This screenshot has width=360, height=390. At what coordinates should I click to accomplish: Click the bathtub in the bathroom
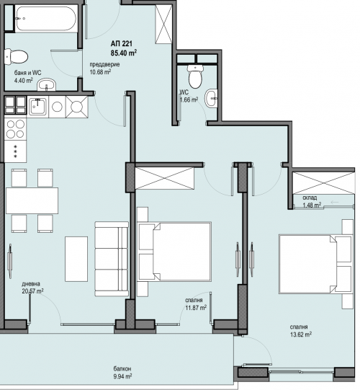click(46, 19)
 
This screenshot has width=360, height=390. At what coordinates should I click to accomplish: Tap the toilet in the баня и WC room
click(16, 57)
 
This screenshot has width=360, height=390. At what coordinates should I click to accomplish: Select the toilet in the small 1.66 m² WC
click(195, 76)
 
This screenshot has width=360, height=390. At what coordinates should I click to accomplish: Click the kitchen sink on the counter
click(37, 107)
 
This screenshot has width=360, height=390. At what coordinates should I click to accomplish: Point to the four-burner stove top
click(15, 129)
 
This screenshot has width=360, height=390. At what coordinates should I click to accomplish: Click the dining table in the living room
click(32, 200)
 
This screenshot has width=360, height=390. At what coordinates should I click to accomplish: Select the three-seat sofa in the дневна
click(112, 259)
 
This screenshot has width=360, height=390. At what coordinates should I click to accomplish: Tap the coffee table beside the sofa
click(76, 259)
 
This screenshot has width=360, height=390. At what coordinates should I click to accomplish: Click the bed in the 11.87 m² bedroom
click(174, 252)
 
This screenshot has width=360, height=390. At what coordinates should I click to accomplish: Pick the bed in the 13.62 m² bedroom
click(316, 264)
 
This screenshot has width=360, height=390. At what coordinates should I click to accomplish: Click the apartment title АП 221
click(122, 44)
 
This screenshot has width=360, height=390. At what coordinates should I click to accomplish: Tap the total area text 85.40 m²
click(124, 53)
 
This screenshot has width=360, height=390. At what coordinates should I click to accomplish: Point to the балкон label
click(122, 368)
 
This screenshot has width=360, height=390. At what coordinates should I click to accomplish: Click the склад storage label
click(310, 198)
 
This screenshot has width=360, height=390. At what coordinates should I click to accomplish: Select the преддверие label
click(104, 64)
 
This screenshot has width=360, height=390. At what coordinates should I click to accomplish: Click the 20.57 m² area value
click(33, 291)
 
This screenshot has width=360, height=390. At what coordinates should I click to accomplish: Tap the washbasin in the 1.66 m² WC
click(211, 98)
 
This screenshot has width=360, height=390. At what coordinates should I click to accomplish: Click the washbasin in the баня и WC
click(47, 85)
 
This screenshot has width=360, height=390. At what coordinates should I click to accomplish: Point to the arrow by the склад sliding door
click(335, 203)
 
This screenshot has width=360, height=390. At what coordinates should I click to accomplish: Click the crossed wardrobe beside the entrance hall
click(163, 24)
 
